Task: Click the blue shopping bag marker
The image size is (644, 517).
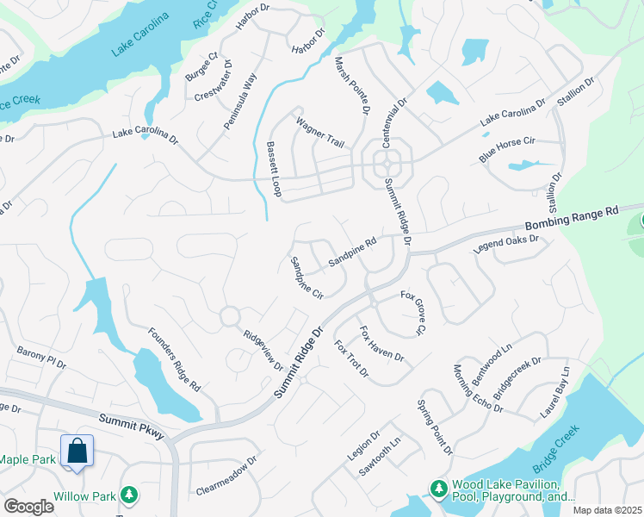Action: point(77,451)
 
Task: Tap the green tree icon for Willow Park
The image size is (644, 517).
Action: point(129,495)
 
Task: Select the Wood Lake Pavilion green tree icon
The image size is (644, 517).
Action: point(438,489)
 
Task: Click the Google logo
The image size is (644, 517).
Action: point(28,507)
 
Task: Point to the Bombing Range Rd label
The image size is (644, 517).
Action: point(572,220)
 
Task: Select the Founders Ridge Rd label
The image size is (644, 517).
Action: point(174,359)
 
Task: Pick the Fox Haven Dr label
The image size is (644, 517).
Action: point(381,344)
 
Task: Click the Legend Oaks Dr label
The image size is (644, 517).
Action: point(505,245)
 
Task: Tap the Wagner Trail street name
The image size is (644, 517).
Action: point(320,134)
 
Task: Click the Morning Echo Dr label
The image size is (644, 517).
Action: point(477,388)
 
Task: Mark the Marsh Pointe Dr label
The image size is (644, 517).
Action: point(354,84)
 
